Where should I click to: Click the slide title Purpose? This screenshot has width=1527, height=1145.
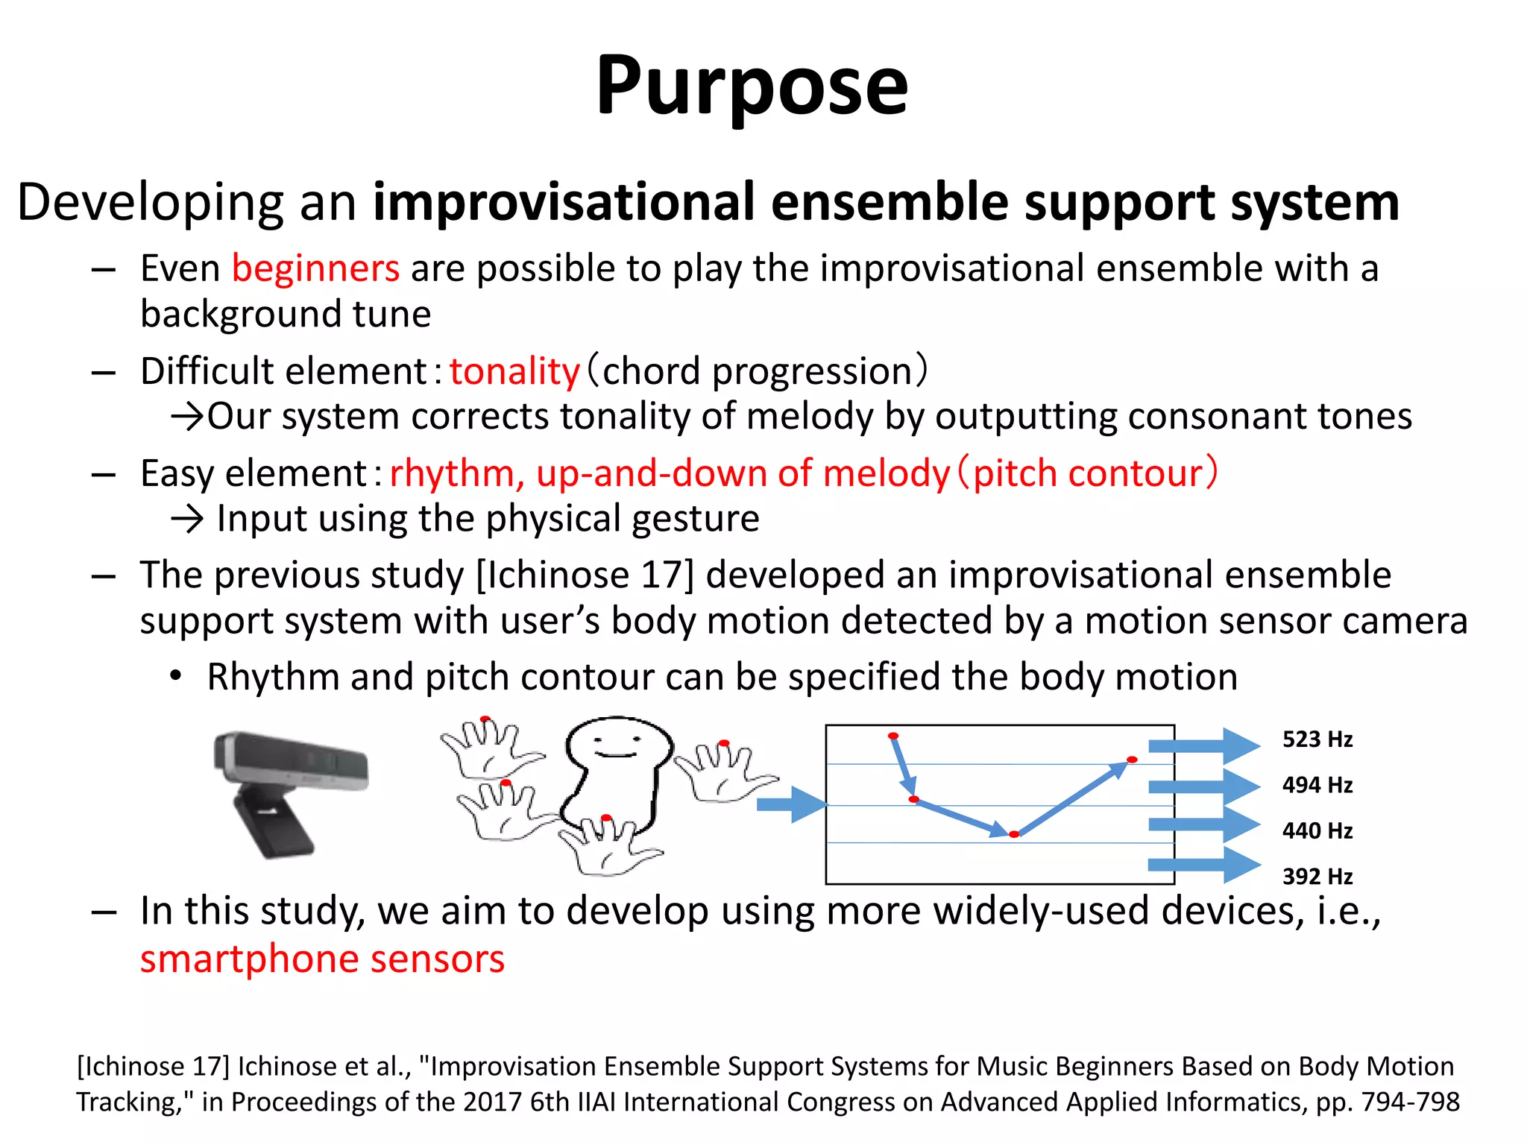(x=752, y=85)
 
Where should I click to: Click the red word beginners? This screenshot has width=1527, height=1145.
(x=315, y=268)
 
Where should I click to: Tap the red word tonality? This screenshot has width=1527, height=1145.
(x=514, y=371)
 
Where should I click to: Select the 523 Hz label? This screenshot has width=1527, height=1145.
(x=1317, y=739)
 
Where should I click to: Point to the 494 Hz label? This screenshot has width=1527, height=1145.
(x=1317, y=785)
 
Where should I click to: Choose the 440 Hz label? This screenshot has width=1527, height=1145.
(x=1317, y=830)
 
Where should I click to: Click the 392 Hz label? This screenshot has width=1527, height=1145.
(x=1317, y=876)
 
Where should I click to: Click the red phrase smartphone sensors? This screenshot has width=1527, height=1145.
(x=322, y=959)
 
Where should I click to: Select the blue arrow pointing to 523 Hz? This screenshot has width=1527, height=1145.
(x=1203, y=745)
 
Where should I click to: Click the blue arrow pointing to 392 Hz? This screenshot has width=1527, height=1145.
(x=1203, y=865)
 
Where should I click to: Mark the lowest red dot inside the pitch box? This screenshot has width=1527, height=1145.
(x=1014, y=834)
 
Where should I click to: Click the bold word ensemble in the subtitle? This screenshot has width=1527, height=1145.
(x=889, y=203)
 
